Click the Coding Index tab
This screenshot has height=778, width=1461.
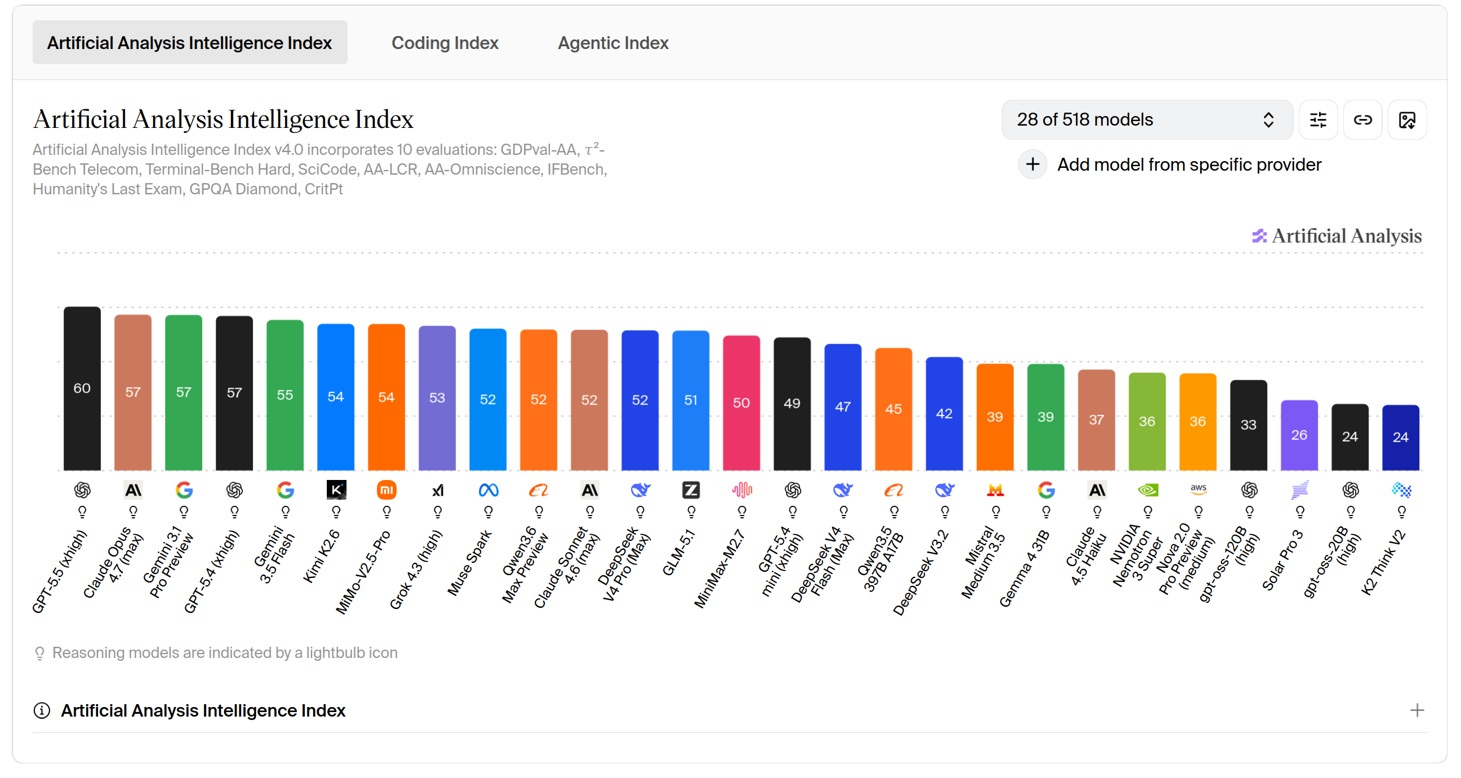pos(445,42)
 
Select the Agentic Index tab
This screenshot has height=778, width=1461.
pos(612,42)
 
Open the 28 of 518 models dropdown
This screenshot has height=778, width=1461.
pos(1146,119)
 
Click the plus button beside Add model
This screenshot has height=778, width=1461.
pos(1032,165)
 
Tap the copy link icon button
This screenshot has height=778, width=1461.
pos(1362,119)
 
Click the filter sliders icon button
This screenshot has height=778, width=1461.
pos(1318,119)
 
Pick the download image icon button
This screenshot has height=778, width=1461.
pos(1407,119)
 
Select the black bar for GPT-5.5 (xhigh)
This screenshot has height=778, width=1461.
pos(82,388)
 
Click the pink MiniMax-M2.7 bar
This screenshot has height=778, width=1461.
pos(741,403)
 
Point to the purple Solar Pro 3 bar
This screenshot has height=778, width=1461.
pos(1299,435)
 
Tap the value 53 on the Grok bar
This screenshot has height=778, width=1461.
pos(437,398)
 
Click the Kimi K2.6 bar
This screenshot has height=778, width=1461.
pos(336,397)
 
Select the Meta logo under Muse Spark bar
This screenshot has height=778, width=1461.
pos(489,490)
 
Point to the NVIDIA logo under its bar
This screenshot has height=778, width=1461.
pos(1147,490)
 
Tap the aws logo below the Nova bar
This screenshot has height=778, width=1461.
pos(1198,490)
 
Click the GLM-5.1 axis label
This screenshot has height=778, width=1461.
pos(678,552)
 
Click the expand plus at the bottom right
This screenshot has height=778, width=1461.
pos(1416,710)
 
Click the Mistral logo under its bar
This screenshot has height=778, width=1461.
pos(995,490)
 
